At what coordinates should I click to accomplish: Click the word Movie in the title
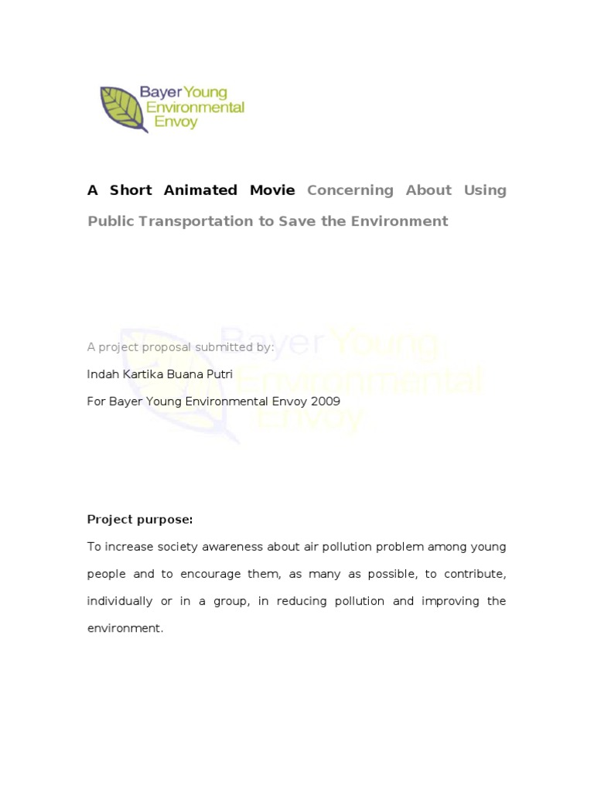click(272, 190)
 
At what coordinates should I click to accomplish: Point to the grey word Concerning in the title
click(350, 190)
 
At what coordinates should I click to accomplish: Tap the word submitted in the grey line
click(225, 347)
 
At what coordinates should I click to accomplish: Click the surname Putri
click(217, 374)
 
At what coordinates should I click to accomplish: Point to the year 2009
click(324, 401)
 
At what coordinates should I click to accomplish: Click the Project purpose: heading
click(140, 520)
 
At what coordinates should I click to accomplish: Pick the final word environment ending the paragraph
click(124, 628)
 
